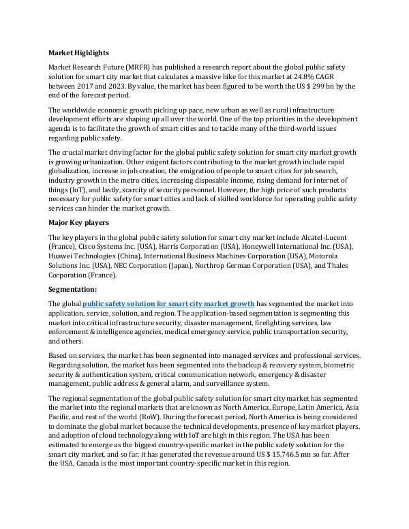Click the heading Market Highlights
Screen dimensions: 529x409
(78, 52)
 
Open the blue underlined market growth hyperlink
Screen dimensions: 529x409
(168, 303)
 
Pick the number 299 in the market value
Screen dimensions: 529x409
(318, 87)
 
